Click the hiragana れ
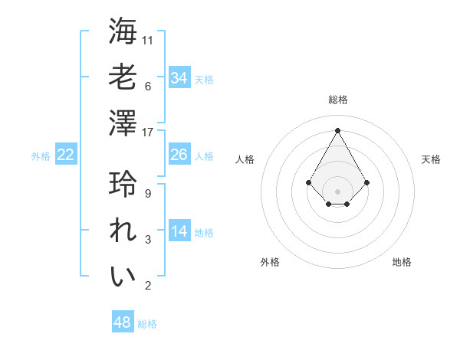123,231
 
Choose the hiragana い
123,276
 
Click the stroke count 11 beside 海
149,41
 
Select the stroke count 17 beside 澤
149,132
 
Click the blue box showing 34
179,77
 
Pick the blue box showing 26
179,155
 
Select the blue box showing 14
179,231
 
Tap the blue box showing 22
66,155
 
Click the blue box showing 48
123,322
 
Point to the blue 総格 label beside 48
147,324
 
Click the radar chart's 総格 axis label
338,100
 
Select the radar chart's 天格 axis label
431,159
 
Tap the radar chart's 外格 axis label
270,262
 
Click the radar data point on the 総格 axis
338,129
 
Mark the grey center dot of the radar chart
338,191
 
